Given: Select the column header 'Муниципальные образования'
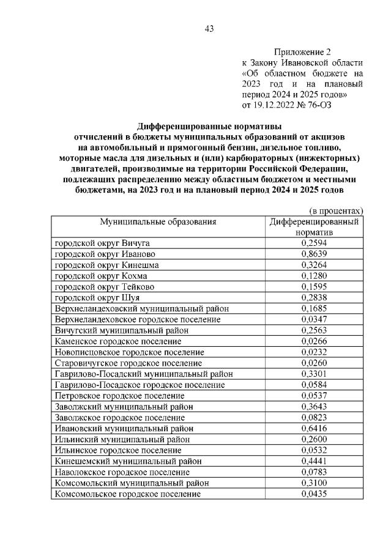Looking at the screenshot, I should [158, 222].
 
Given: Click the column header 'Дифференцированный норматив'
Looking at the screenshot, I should [313, 227].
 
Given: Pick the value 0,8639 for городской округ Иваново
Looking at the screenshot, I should [313, 254].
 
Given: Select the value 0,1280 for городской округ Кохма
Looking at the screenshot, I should [313, 276].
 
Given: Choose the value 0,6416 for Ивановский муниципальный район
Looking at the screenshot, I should [313, 428].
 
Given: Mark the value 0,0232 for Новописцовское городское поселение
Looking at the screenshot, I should [313, 352].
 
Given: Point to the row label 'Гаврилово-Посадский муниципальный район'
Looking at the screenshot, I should [143, 374].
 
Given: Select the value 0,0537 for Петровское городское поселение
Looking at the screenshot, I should [313, 396].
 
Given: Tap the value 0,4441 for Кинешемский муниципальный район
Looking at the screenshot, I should [313, 461].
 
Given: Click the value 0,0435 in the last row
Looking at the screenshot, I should [313, 494].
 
